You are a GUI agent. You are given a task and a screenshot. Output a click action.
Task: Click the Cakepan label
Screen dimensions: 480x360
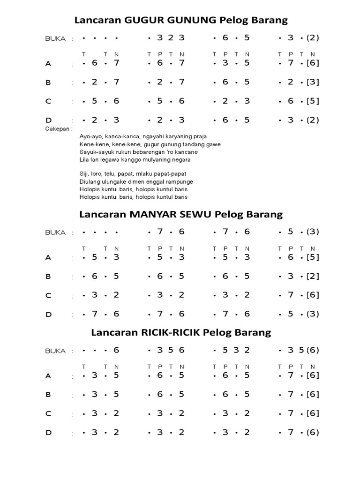(58, 128)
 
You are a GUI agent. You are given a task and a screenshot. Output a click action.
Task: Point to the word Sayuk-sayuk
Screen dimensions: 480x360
(94, 152)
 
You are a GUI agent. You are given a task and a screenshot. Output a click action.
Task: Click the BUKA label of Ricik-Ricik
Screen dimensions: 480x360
(55, 351)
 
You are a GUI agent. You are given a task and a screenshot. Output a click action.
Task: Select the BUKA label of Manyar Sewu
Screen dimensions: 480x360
(55, 232)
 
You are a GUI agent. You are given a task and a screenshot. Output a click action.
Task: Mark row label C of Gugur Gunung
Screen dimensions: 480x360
(48, 101)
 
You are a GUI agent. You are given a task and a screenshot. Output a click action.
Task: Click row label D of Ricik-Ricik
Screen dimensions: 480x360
(48, 433)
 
